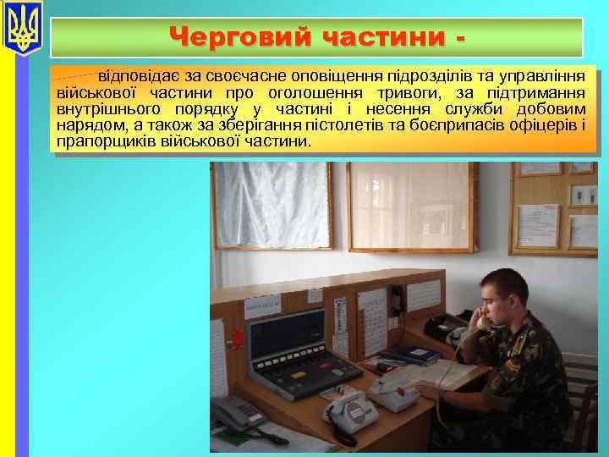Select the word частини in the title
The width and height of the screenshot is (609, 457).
(381, 37)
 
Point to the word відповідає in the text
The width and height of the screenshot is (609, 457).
(139, 77)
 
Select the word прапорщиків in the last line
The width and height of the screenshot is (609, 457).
(96, 141)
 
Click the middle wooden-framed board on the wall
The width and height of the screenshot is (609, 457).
(410, 206)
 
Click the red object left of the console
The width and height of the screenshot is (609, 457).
(239, 339)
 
